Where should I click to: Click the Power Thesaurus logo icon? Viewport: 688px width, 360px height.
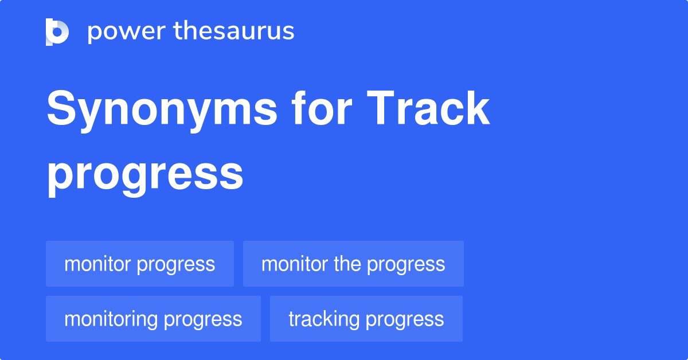[57, 32]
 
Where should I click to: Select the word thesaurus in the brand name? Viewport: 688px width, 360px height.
[234, 32]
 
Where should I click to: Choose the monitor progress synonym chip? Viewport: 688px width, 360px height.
[140, 264]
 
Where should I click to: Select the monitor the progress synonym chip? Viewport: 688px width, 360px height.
[353, 264]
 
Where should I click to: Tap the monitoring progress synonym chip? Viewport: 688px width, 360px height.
[153, 319]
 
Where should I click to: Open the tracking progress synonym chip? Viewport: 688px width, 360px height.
[366, 319]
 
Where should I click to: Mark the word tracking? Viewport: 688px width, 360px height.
[323, 319]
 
